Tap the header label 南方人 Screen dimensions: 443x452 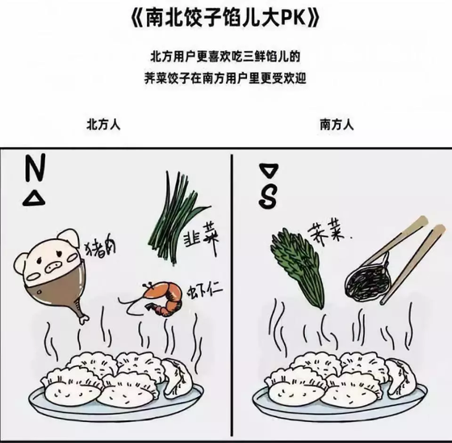pyautogui.click(x=337, y=125)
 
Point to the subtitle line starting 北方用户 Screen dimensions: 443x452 pyautogui.click(x=225, y=57)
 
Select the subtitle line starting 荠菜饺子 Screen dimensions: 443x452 pyautogui.click(x=225, y=78)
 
